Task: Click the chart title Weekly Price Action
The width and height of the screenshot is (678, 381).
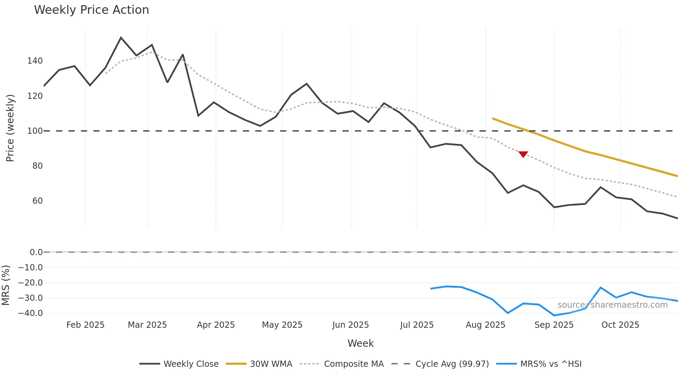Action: (91, 10)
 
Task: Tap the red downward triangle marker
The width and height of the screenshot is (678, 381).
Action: (523, 154)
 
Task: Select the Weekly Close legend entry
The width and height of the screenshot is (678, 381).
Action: (179, 364)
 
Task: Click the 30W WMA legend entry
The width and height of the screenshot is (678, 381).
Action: (259, 364)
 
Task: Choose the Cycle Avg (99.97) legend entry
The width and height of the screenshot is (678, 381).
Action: (440, 364)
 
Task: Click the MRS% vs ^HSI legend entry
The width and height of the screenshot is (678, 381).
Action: (539, 364)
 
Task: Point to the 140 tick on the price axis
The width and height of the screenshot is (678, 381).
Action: (35, 61)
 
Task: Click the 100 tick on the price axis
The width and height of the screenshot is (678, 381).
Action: (35, 131)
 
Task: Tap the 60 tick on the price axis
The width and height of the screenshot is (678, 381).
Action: (37, 201)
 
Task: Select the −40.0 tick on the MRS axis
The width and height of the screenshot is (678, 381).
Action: (30, 313)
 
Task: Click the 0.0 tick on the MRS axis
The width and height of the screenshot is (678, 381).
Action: (36, 252)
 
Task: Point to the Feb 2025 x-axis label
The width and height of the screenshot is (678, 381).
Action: (85, 325)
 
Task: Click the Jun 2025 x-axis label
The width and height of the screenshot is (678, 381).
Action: (350, 325)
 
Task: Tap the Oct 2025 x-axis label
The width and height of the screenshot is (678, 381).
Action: (620, 325)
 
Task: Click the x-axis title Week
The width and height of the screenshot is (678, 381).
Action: (360, 343)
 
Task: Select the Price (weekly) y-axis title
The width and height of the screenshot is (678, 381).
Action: (10, 128)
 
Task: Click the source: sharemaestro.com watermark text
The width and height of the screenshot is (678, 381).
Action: (612, 305)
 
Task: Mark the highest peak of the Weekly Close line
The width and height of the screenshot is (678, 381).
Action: (121, 37)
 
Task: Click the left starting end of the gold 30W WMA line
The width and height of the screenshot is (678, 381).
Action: (493, 119)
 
